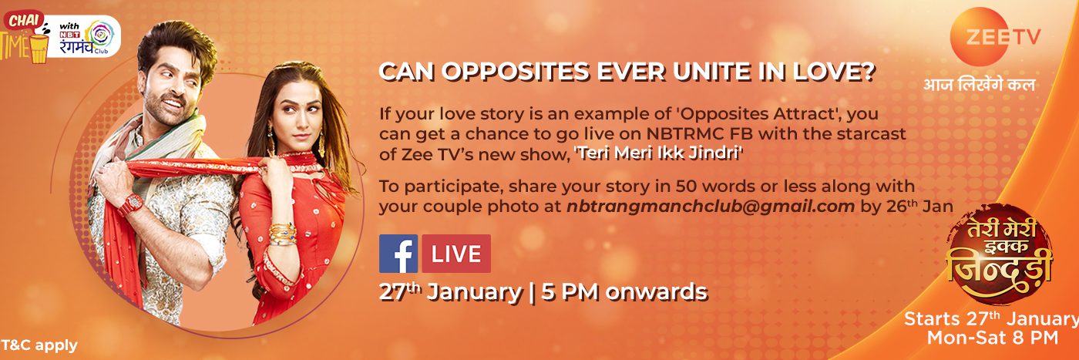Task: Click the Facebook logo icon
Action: (x=398, y=254)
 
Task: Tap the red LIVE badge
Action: (x=456, y=254)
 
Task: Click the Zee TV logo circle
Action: (x=983, y=37)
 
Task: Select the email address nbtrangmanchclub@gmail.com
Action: (x=711, y=207)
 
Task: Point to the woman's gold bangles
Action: (x=283, y=234)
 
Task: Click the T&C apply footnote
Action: (x=39, y=345)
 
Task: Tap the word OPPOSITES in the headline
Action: (x=516, y=72)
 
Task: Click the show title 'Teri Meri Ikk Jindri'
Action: (x=658, y=153)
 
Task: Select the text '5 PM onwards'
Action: (x=624, y=292)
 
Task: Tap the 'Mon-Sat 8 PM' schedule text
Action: (x=993, y=338)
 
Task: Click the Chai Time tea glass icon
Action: (x=39, y=49)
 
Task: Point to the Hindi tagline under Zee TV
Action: (x=980, y=85)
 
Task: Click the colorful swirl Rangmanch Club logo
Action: (x=101, y=35)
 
